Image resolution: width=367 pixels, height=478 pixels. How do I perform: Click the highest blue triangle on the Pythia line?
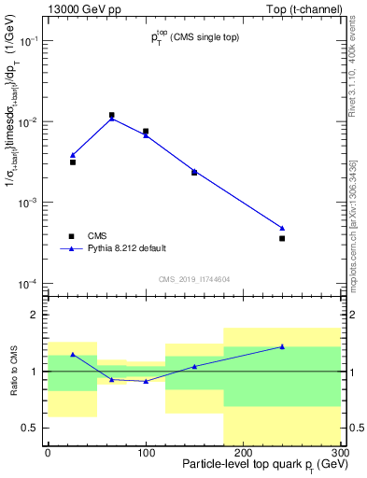(112, 119)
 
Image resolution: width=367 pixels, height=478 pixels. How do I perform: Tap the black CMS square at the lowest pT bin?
(73, 162)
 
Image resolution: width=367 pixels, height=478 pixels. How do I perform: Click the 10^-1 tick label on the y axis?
(28, 42)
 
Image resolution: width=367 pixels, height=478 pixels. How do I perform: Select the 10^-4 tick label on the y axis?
(28, 284)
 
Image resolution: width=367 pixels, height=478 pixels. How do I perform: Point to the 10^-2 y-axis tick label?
(28, 122)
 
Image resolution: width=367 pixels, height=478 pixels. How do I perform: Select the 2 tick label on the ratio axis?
(36, 315)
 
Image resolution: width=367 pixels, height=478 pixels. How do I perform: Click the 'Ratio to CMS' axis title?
(12, 371)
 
